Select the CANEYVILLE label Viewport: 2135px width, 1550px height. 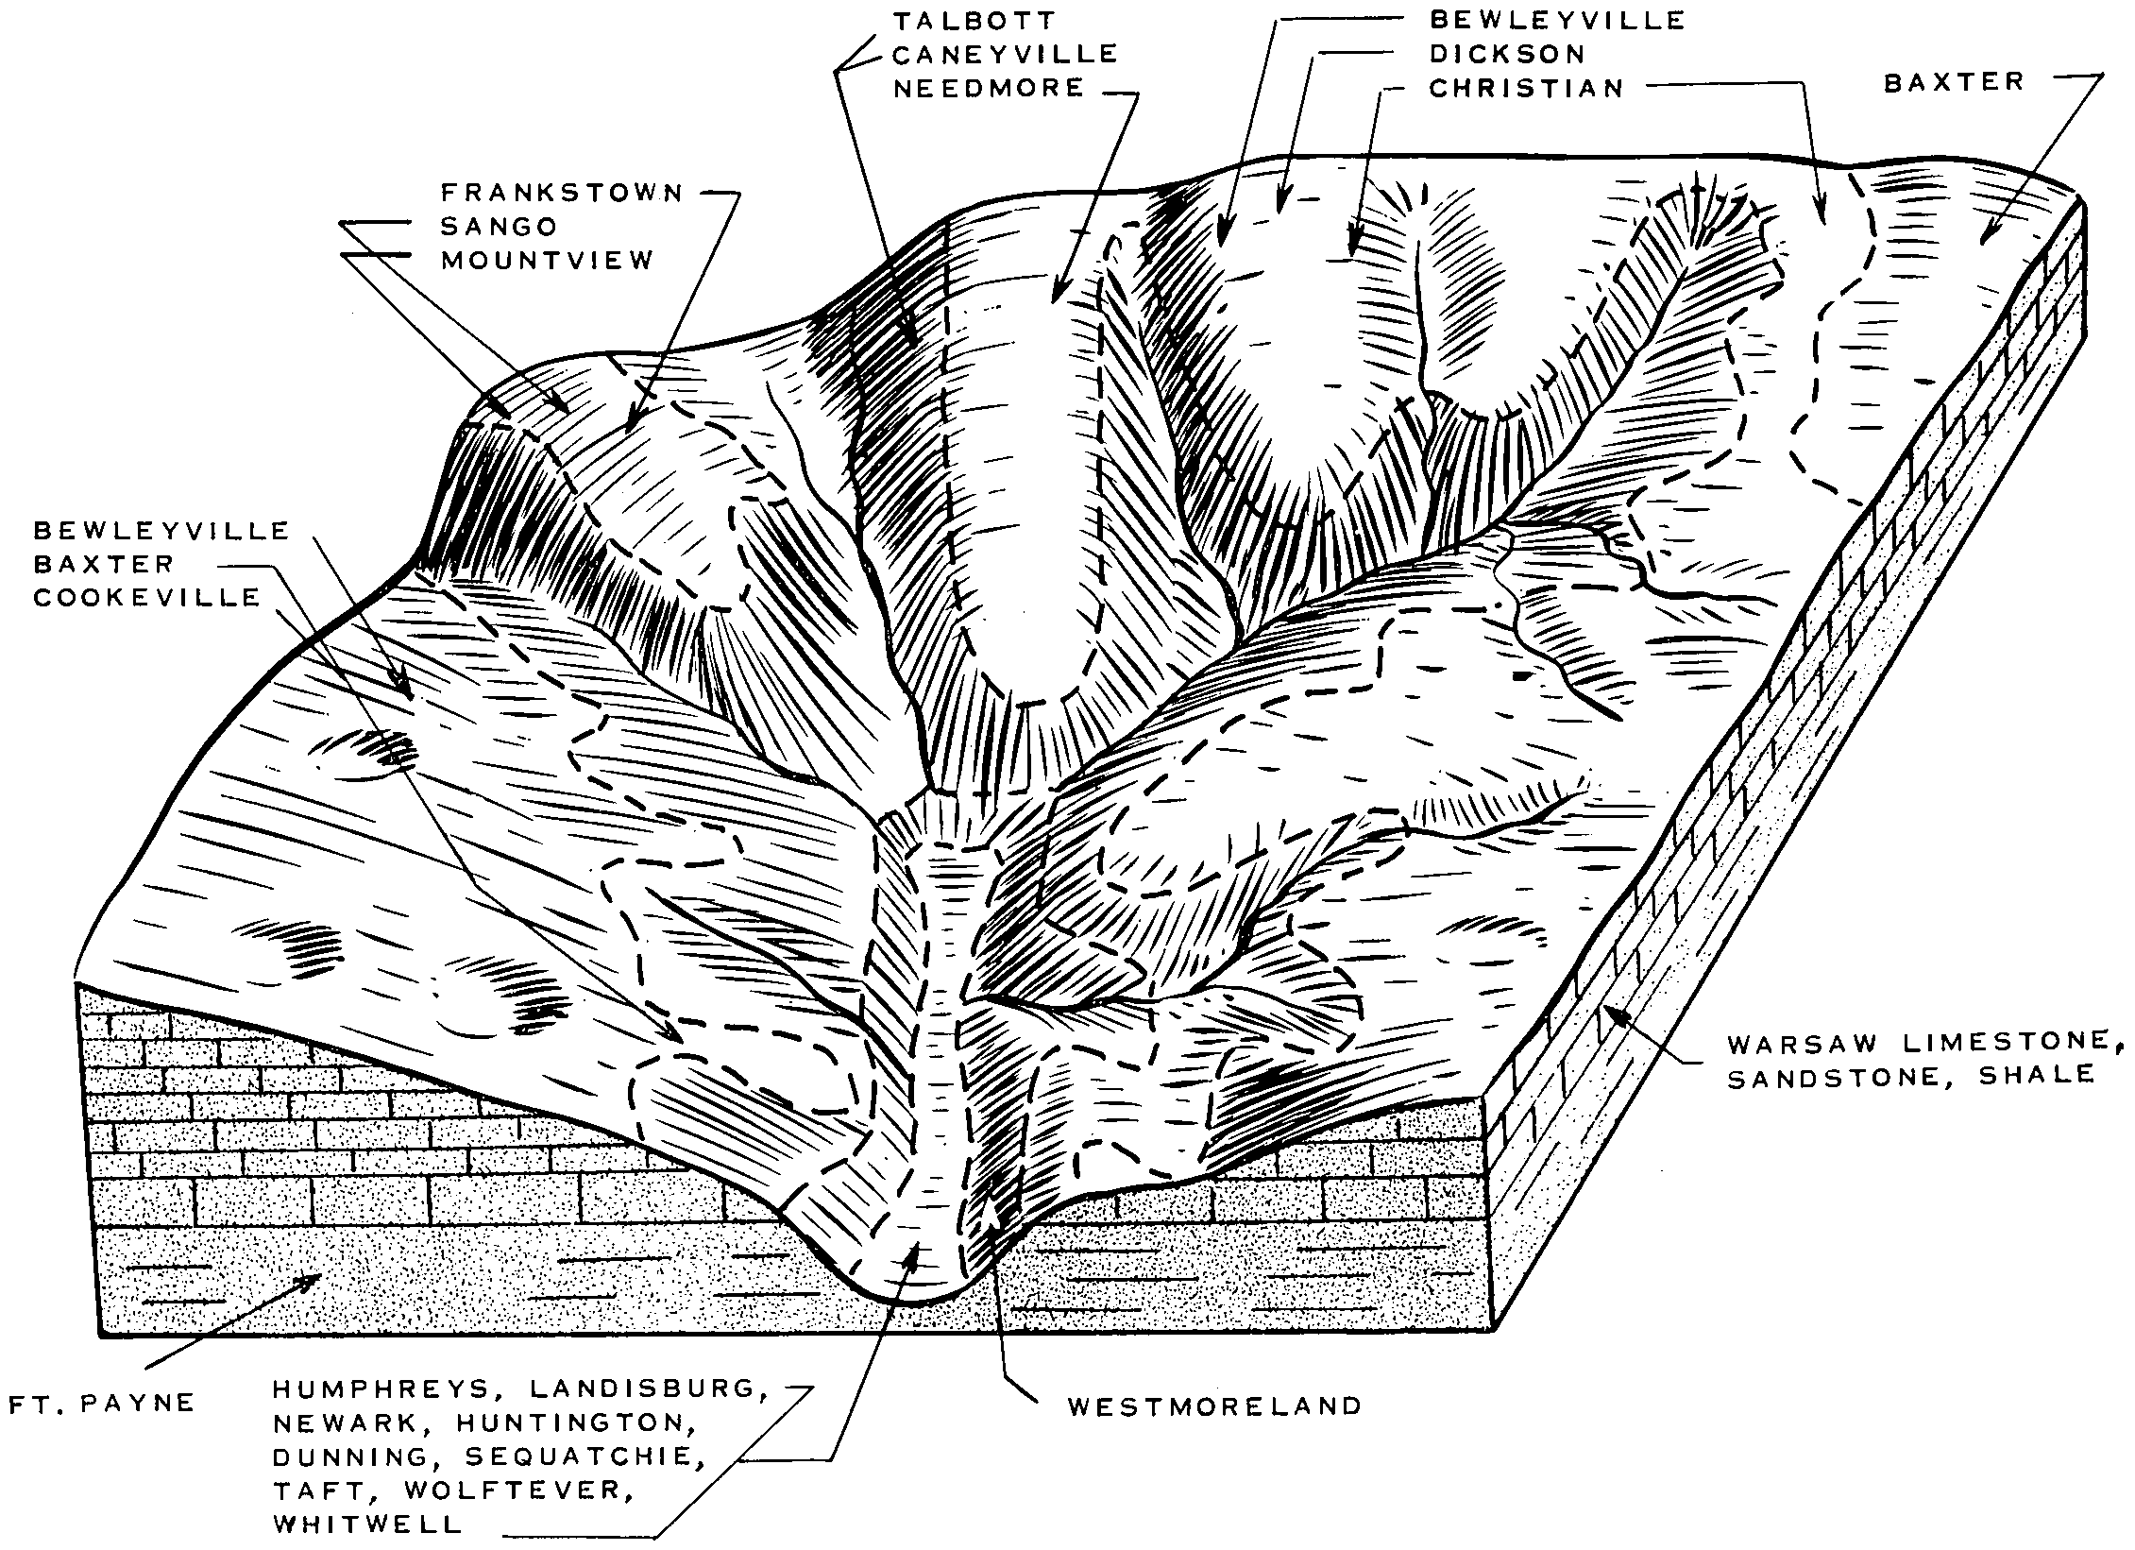1005,54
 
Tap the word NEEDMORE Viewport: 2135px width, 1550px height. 989,89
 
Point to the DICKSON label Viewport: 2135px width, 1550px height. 1506,54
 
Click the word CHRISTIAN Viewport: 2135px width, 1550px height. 1526,89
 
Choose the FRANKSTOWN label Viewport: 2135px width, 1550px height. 562,194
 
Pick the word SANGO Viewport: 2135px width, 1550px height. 500,227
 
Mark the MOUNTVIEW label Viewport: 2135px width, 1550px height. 548,261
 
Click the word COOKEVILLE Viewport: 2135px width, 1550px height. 147,598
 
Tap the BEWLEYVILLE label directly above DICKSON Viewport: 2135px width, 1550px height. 1557,20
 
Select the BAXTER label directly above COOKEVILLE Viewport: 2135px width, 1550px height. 104,564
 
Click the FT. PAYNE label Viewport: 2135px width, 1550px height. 101,1404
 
